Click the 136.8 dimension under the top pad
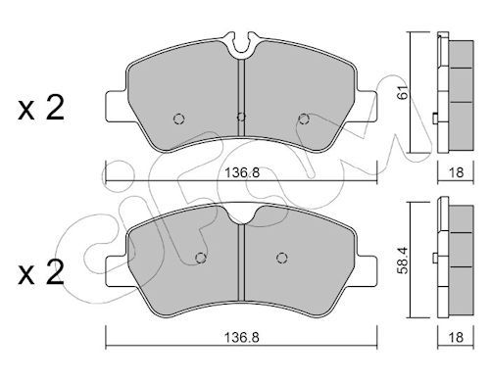(242, 172)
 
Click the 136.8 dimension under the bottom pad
(242, 337)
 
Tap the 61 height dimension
(404, 92)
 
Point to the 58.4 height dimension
(404, 260)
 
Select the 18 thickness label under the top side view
(457, 172)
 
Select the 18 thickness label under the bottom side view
(457, 337)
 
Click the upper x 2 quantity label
(41, 108)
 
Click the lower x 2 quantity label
(41, 272)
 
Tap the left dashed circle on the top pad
(178, 119)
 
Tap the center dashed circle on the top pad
(241, 117)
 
